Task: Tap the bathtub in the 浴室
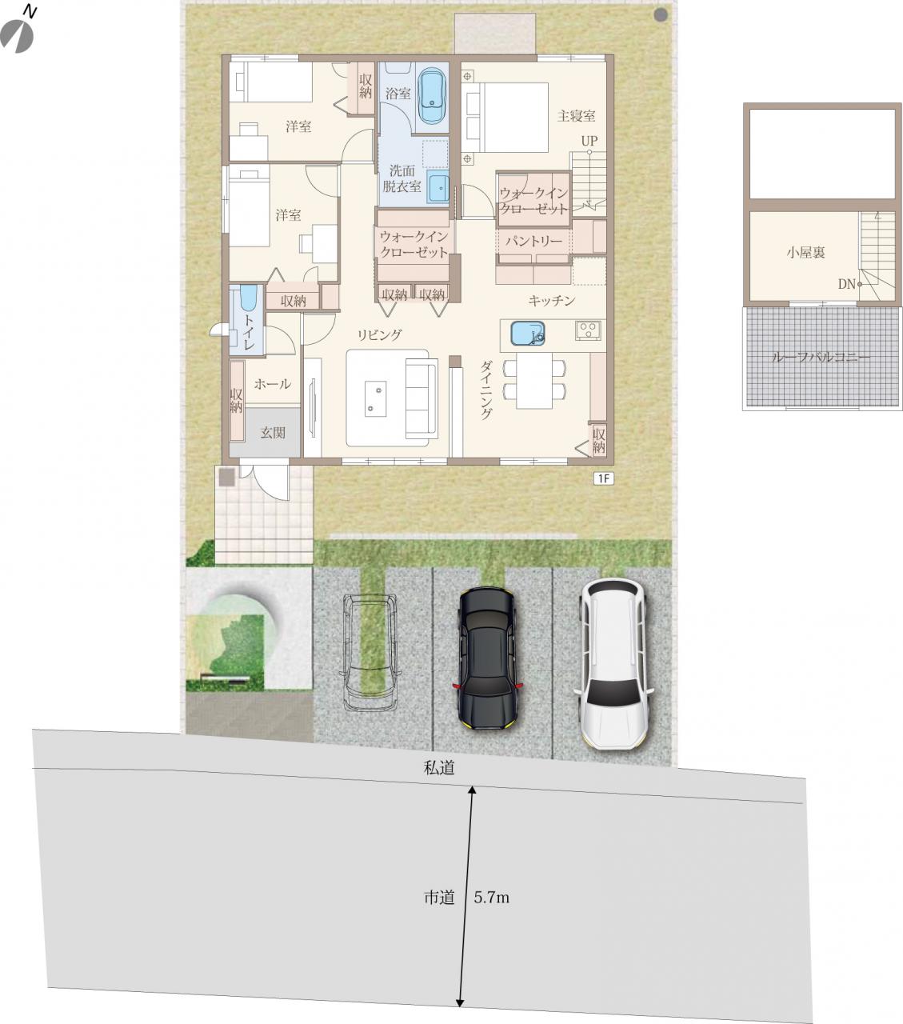click(x=432, y=95)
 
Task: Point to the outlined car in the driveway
click(x=370, y=653)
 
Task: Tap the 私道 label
click(x=439, y=768)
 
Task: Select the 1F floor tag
click(x=603, y=478)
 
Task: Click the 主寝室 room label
click(x=576, y=116)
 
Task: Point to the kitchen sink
click(x=528, y=334)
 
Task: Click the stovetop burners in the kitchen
click(x=588, y=330)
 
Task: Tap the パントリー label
click(x=534, y=241)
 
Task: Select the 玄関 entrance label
click(x=273, y=432)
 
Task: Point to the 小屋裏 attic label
click(x=805, y=252)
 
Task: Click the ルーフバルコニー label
click(x=821, y=358)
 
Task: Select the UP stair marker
click(x=589, y=141)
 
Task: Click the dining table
click(x=534, y=380)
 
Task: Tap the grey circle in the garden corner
click(x=661, y=15)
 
